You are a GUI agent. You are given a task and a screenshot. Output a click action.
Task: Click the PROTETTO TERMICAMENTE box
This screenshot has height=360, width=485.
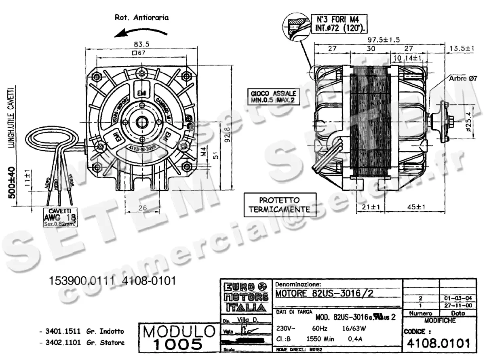click(279, 205)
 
